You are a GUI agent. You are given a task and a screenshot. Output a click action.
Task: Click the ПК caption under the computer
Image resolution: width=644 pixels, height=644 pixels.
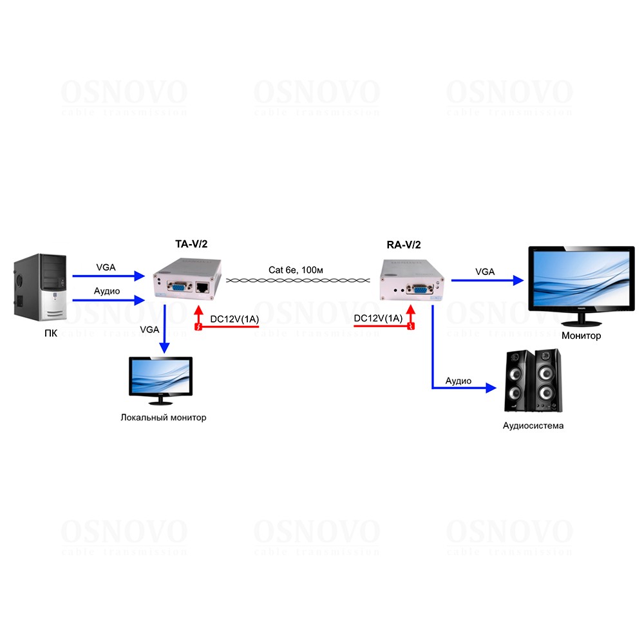pos(41,333)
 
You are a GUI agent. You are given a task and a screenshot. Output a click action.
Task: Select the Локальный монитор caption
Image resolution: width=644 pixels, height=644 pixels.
pos(164,417)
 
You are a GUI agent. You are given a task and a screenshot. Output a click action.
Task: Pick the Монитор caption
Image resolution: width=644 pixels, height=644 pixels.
pos(581,336)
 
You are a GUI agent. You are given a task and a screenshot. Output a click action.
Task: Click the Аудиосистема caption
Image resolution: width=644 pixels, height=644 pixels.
pos(533,426)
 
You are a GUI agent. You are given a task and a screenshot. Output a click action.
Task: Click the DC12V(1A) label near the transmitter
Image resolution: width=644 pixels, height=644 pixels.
pos(234,319)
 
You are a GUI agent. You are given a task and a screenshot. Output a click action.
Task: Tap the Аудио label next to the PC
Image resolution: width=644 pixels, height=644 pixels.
pos(108,291)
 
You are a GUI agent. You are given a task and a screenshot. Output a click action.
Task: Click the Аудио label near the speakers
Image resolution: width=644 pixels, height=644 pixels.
pos(459,381)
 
